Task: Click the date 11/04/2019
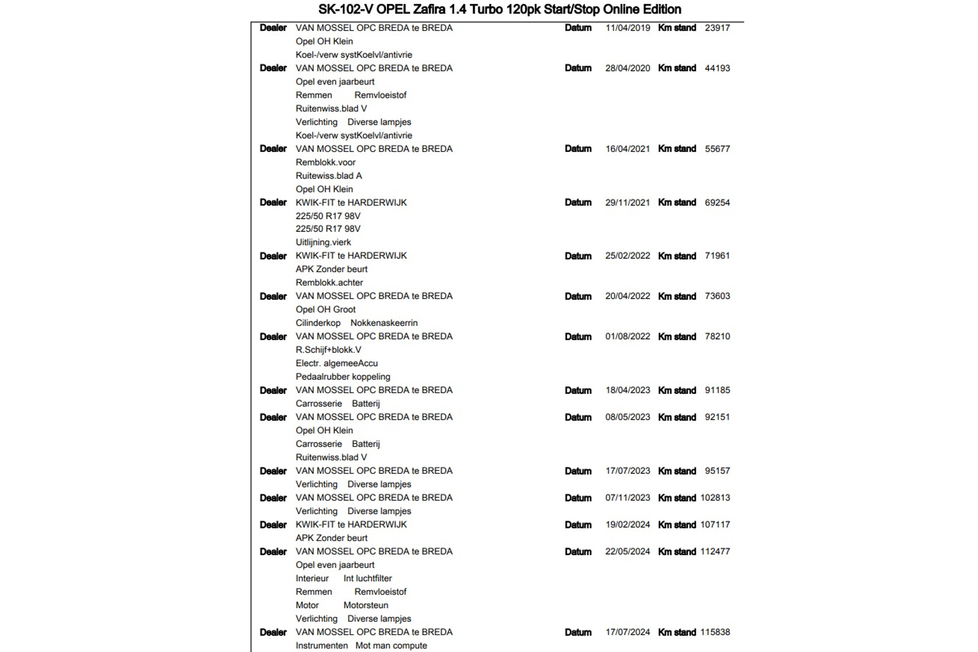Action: (x=628, y=28)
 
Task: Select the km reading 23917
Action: (x=717, y=28)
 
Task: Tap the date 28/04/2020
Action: (x=628, y=68)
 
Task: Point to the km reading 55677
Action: (x=717, y=149)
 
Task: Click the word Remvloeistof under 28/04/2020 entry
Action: (x=380, y=95)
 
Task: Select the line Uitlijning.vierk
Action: (x=323, y=242)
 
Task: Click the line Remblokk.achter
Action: (x=329, y=283)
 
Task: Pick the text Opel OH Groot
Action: (x=325, y=310)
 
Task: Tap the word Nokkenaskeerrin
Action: (x=384, y=323)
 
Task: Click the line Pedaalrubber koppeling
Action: (x=343, y=377)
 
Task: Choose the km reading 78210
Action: (x=717, y=337)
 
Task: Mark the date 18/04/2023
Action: (x=628, y=390)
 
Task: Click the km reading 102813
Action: (x=715, y=498)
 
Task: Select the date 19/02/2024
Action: (x=628, y=525)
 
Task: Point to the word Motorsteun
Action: (x=366, y=605)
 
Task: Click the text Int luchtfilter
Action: (x=367, y=579)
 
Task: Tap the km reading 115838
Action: (x=715, y=632)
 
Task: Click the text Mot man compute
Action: (x=391, y=646)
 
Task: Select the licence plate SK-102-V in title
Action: (x=345, y=9)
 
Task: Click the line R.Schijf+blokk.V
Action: (x=328, y=350)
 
